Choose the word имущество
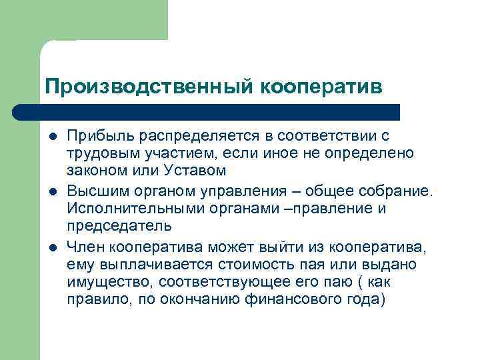99,281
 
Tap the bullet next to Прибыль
51,137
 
